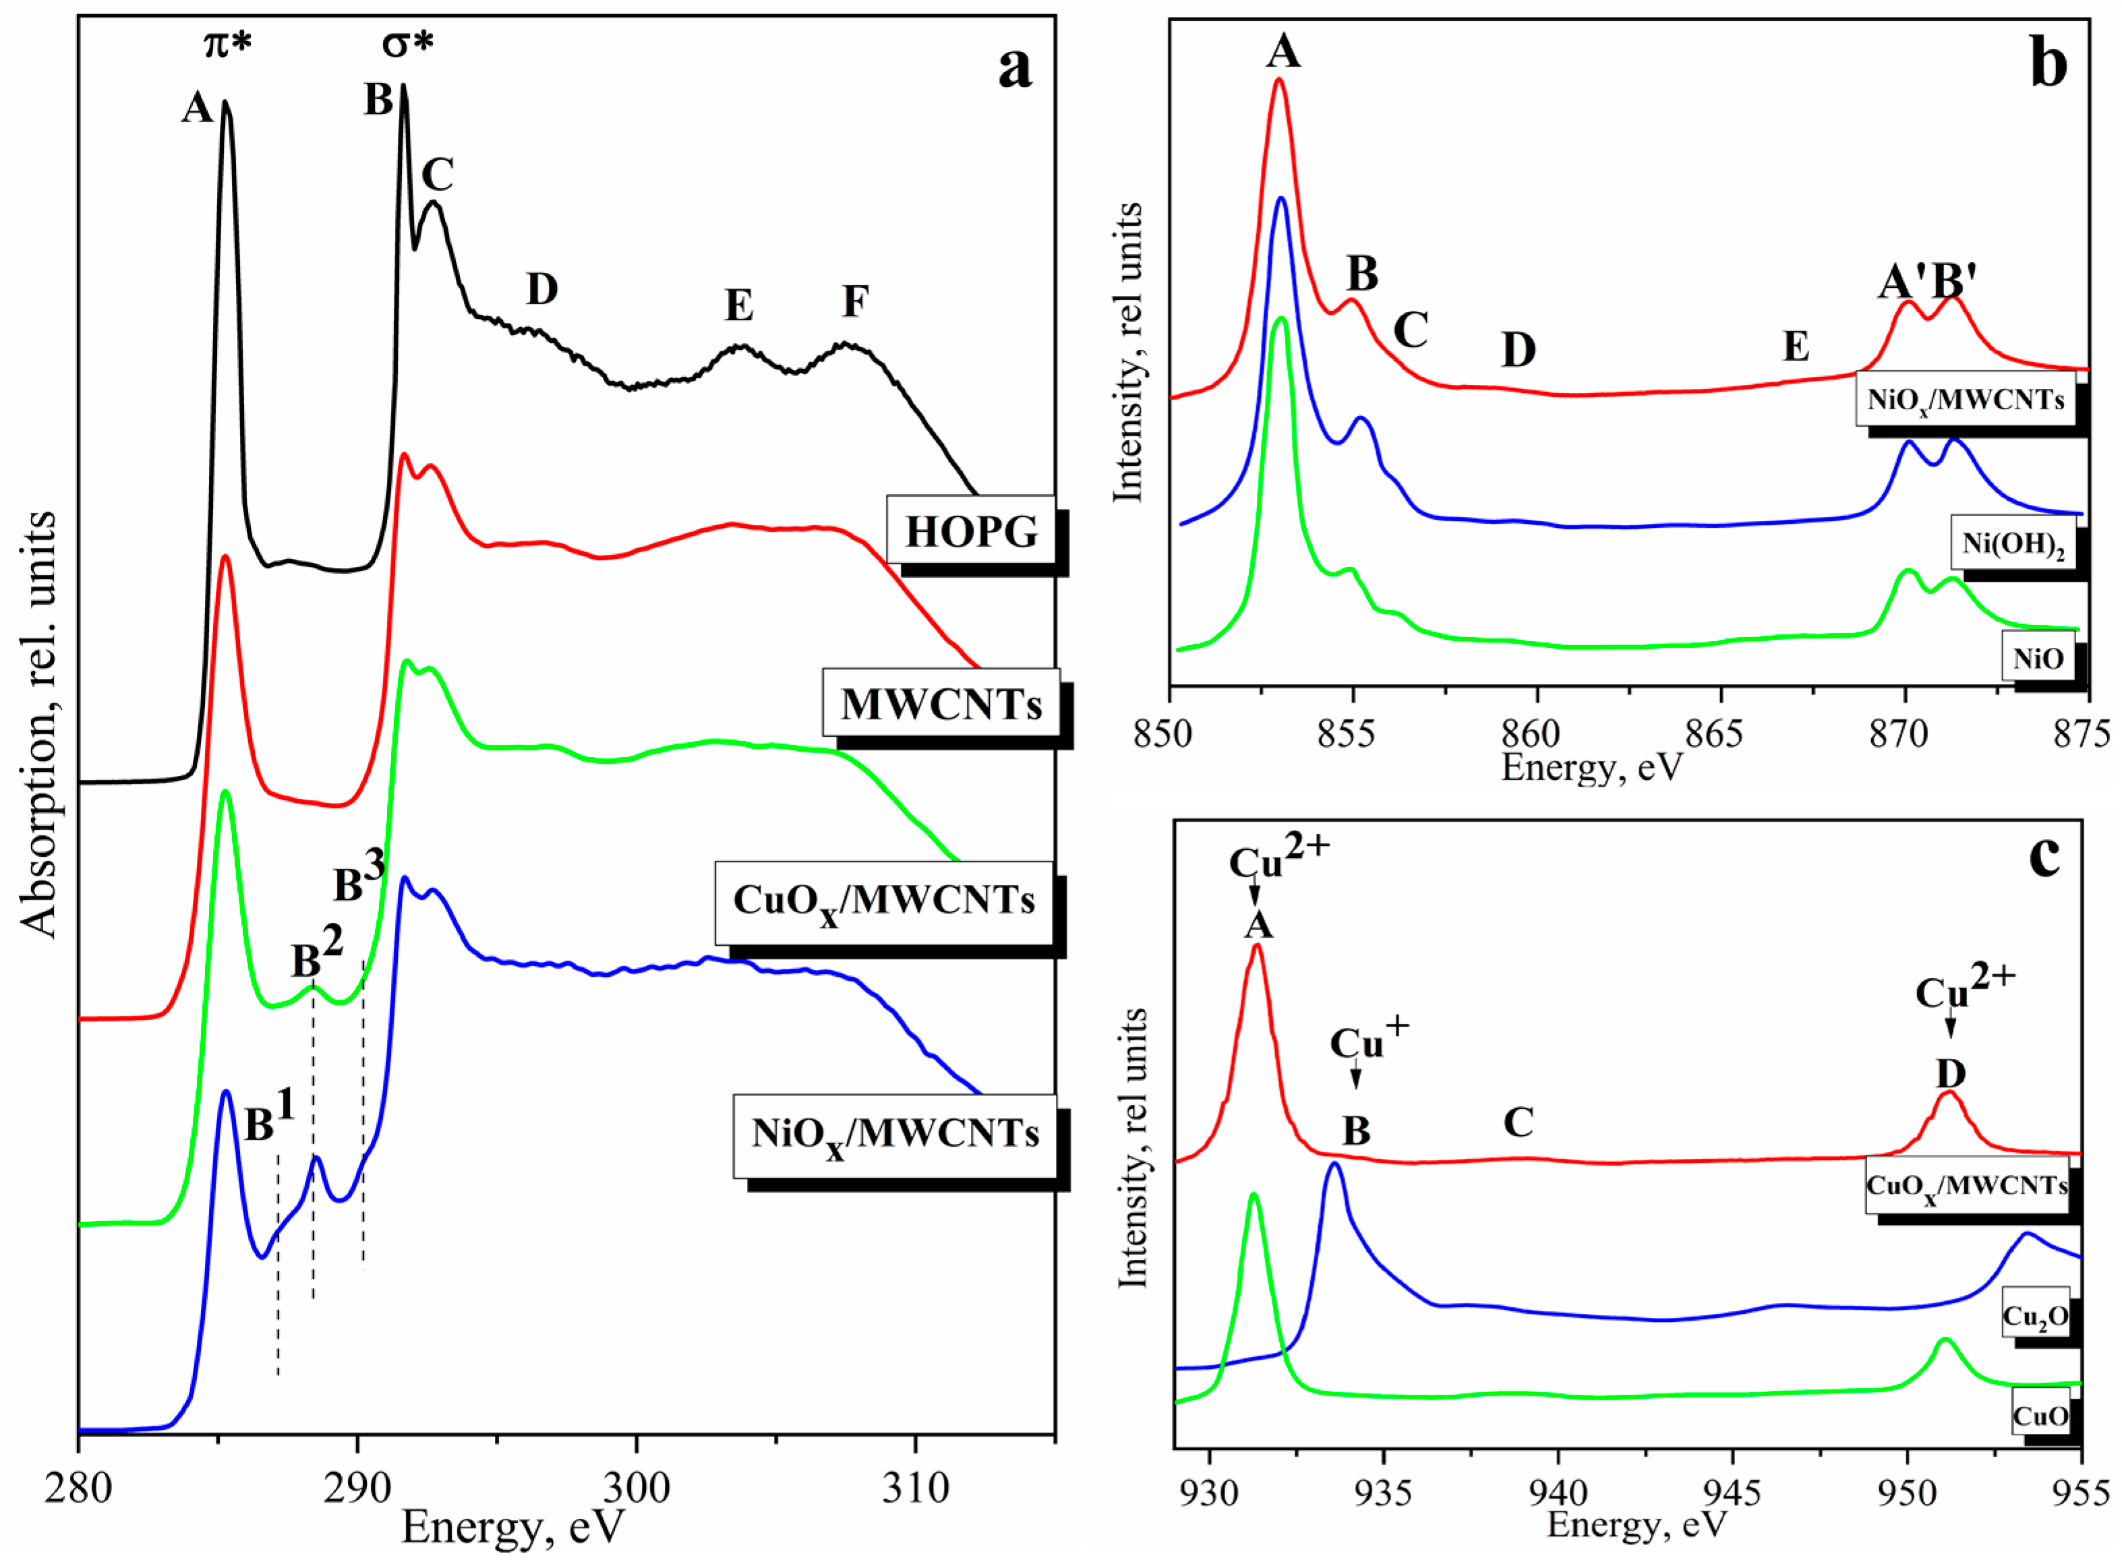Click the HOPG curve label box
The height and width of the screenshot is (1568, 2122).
tap(970, 531)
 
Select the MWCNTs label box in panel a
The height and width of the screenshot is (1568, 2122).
tap(940, 703)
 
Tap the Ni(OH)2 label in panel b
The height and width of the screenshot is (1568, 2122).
tap(2013, 544)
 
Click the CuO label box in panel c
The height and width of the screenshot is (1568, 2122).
tap(2039, 1415)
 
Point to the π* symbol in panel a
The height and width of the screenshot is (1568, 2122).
tap(228, 42)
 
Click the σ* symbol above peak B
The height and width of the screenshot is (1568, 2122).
tap(407, 42)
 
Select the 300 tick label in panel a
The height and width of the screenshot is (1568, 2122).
tap(635, 1486)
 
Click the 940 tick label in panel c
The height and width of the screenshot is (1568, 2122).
tap(1558, 1494)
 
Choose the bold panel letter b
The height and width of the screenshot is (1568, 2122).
tap(2048, 65)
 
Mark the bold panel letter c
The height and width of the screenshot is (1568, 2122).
tap(2043, 856)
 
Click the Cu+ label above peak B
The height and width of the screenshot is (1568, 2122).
tap(1368, 1042)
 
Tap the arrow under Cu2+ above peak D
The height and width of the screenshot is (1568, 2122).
tap(1950, 1027)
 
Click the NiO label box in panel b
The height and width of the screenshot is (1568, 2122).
tap(2038, 658)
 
